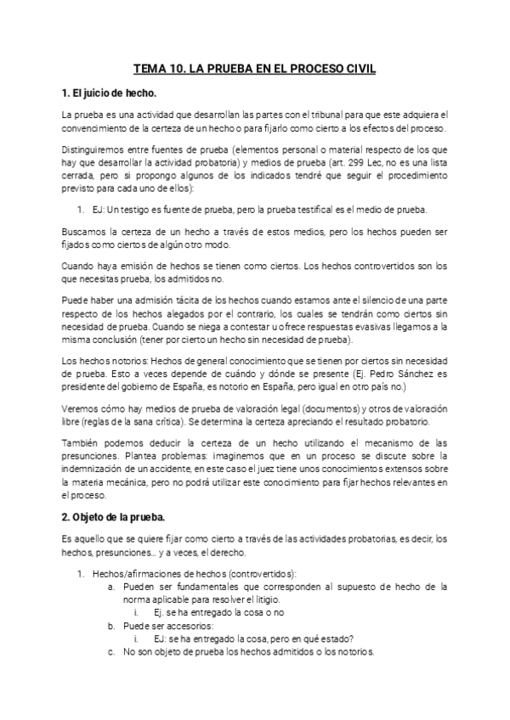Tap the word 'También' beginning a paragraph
(82, 443)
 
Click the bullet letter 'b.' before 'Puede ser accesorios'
(111, 626)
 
